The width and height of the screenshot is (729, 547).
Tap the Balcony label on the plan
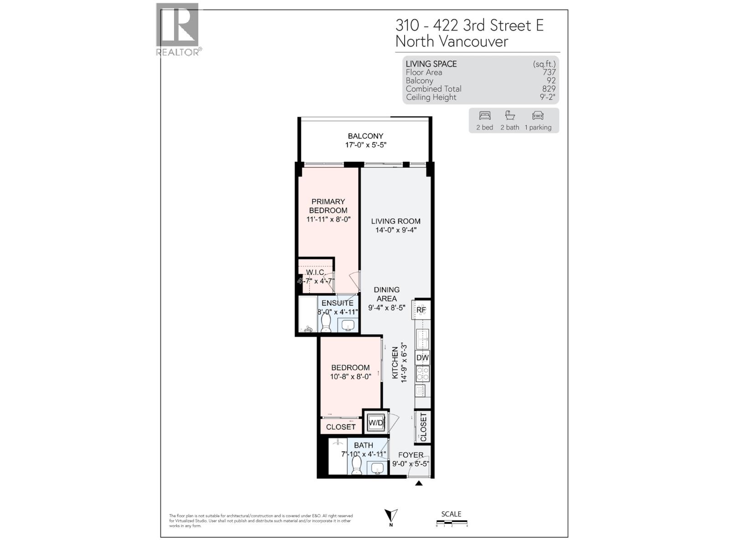[365, 136]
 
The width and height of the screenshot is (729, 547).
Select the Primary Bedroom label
[328, 206]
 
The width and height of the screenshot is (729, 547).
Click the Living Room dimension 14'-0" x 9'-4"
[395, 230]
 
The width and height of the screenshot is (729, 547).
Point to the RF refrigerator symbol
[421, 310]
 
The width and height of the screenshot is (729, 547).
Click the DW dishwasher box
[422, 358]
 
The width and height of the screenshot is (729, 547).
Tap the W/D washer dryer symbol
[376, 423]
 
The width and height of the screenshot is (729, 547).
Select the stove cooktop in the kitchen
[422, 374]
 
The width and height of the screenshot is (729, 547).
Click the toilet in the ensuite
[326, 323]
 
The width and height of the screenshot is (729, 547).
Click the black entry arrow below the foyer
[419, 483]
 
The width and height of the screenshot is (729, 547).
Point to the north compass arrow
[390, 516]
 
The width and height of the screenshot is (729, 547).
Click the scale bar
[452, 522]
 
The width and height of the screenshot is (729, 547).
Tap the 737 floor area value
[549, 72]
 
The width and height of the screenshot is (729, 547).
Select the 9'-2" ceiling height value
[547, 97]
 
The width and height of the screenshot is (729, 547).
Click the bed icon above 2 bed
[485, 115]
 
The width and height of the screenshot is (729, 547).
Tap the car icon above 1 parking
[538, 115]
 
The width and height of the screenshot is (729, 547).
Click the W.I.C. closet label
[315, 273]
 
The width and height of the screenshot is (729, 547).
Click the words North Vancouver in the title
[452, 41]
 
